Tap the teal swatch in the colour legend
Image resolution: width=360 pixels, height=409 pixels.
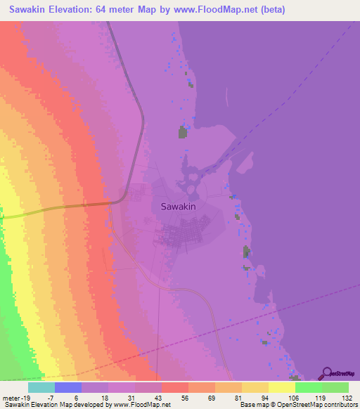[41, 387]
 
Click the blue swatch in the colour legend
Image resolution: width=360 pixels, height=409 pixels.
[68, 387]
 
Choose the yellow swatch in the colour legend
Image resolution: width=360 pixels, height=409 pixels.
[282, 387]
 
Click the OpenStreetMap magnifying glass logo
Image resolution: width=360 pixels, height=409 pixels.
[327, 374]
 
